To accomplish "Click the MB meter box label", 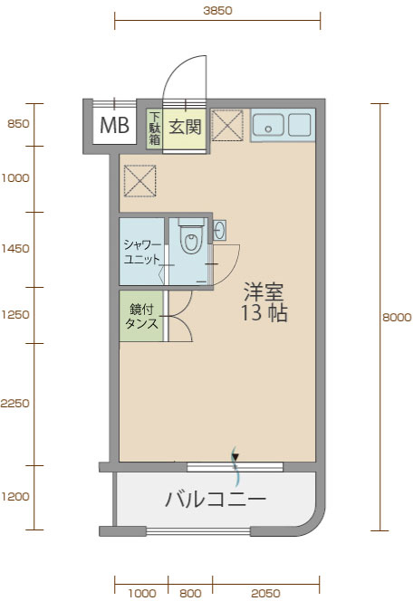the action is pyautogui.click(x=114, y=125).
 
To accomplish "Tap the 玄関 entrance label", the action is pyautogui.click(x=186, y=127).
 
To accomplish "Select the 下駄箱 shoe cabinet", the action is pyautogui.click(x=154, y=129).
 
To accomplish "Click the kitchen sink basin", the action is pyautogui.click(x=268, y=125).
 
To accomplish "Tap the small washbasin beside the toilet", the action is pyautogui.click(x=220, y=230).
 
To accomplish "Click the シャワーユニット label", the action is pyautogui.click(x=142, y=252).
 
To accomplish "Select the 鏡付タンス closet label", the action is pyautogui.click(x=141, y=317).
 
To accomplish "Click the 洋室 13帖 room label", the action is pyautogui.click(x=264, y=302).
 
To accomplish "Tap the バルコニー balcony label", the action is pyautogui.click(x=216, y=499).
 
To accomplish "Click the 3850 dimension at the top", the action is pyautogui.click(x=217, y=10).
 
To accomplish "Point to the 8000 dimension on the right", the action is pyautogui.click(x=397, y=318).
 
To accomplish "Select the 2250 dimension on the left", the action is pyautogui.click(x=14, y=403).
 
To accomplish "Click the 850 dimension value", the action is pyautogui.click(x=18, y=124).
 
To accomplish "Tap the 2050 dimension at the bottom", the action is pyautogui.click(x=265, y=594).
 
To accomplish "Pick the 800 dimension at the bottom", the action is pyautogui.click(x=190, y=594).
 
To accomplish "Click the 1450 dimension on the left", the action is pyautogui.click(x=15, y=249).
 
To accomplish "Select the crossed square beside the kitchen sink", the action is pyautogui.click(x=227, y=125).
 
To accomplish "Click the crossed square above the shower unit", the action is pyautogui.click(x=139, y=180).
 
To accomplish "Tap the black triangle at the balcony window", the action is pyautogui.click(x=235, y=456).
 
